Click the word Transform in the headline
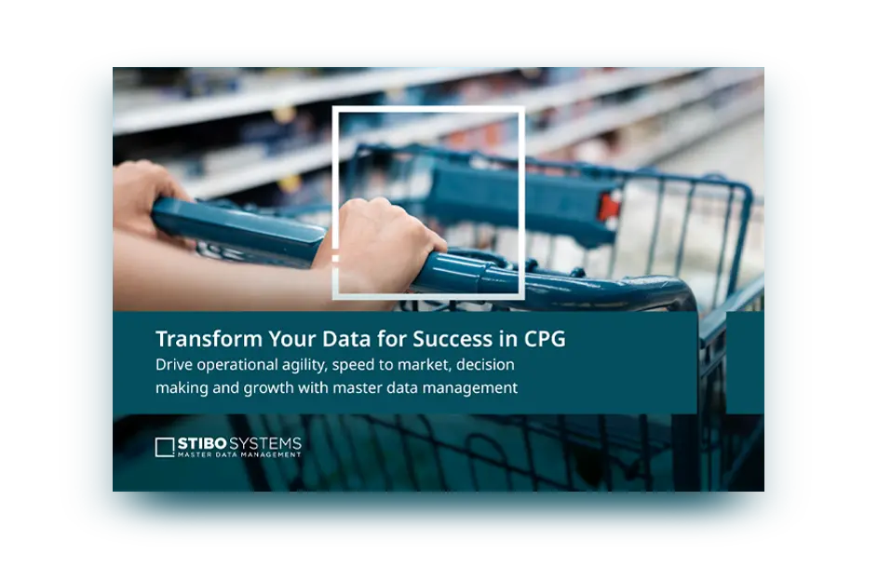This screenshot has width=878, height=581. pyautogui.click(x=209, y=339)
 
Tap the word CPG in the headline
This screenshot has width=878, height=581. pyautogui.click(x=545, y=339)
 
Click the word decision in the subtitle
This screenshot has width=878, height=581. pyautogui.click(x=485, y=364)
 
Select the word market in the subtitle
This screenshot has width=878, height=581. pyautogui.click(x=424, y=365)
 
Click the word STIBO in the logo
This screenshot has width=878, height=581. pyautogui.click(x=202, y=444)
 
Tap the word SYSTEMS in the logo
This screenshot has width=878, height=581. pyautogui.click(x=264, y=444)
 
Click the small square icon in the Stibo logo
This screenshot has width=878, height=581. pyautogui.click(x=165, y=447)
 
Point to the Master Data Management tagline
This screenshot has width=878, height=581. pyautogui.click(x=239, y=454)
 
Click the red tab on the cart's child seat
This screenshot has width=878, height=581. pyautogui.click(x=609, y=207)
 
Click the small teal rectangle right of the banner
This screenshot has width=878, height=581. pyautogui.click(x=745, y=363)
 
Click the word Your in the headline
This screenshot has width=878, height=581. pyautogui.click(x=292, y=339)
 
